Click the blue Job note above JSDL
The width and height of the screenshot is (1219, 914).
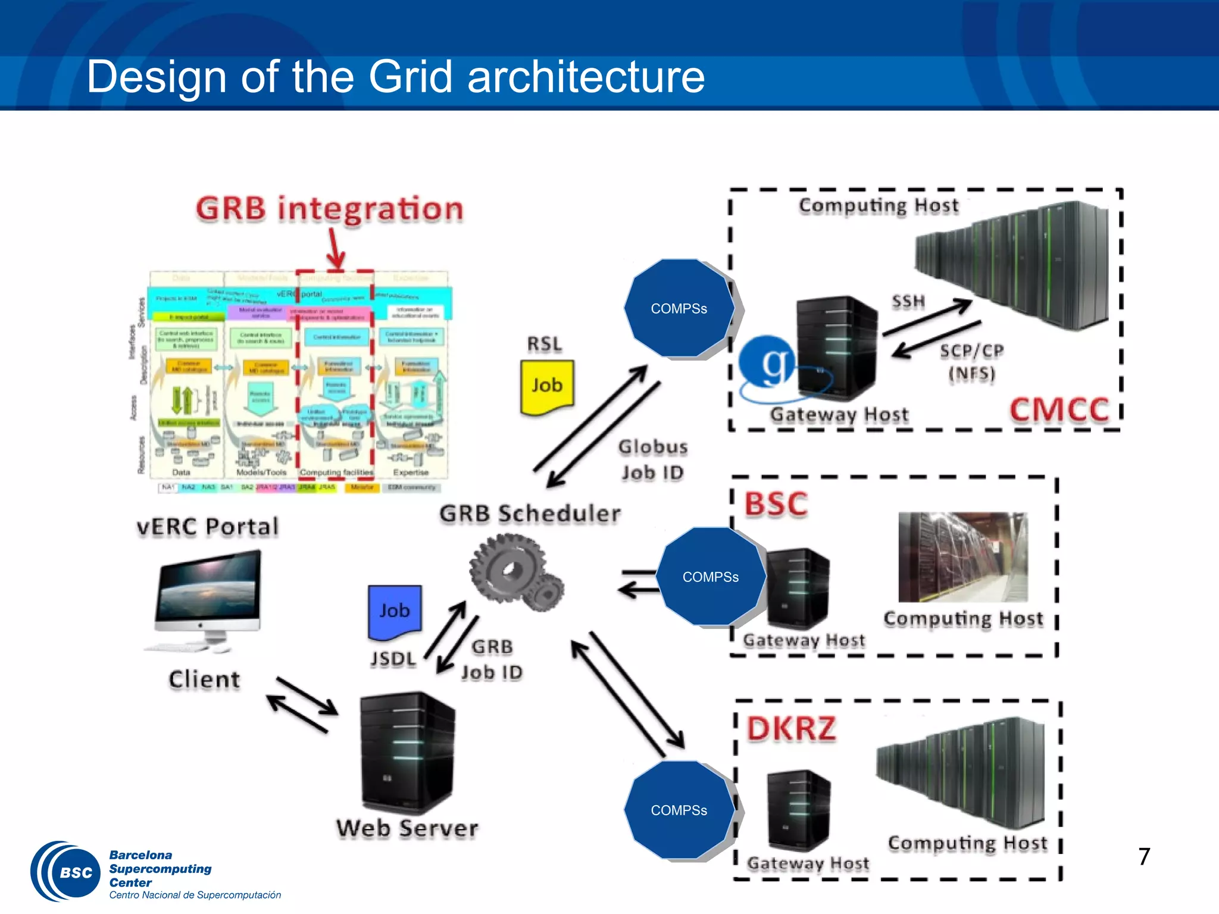point(395,611)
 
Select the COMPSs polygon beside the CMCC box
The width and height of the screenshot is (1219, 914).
point(679,308)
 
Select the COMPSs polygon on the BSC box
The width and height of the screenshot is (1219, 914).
point(711,577)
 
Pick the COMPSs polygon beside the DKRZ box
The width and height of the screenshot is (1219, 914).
point(679,810)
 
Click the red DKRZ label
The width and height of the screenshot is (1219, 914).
point(792,729)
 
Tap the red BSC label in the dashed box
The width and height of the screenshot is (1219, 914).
point(776,504)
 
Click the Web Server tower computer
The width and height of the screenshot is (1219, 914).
point(407,753)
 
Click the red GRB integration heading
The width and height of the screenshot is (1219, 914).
point(329,209)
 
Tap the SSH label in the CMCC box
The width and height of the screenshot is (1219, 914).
point(908,302)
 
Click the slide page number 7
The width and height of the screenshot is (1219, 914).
point(1143,857)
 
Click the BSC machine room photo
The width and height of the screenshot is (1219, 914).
point(962,557)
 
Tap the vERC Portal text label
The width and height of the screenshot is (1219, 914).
point(208,527)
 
